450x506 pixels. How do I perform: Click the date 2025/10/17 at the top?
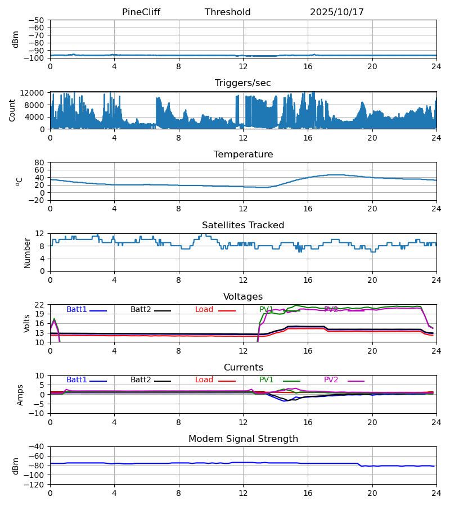(x=337, y=12)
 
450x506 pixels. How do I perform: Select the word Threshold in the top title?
(x=228, y=12)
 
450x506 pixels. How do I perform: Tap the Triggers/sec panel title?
(x=243, y=83)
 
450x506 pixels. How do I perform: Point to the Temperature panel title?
(x=243, y=155)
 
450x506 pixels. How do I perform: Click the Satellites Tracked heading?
(x=243, y=225)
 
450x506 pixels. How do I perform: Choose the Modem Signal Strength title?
(x=243, y=439)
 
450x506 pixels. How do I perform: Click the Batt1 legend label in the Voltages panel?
(x=76, y=310)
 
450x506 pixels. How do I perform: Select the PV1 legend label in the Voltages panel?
(x=266, y=310)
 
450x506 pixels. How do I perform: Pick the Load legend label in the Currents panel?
(x=204, y=380)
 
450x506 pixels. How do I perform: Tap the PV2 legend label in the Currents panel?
(x=331, y=380)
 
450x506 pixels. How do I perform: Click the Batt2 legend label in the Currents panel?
(x=141, y=380)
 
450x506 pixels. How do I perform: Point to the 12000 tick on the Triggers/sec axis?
(x=35, y=93)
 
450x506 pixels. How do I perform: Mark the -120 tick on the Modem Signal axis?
(x=35, y=485)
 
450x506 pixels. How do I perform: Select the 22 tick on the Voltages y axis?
(x=39, y=305)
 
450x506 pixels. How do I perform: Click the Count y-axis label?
(x=13, y=111)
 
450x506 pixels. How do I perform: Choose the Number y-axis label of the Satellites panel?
(x=28, y=252)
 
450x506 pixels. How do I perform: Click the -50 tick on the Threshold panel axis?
(x=37, y=20)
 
